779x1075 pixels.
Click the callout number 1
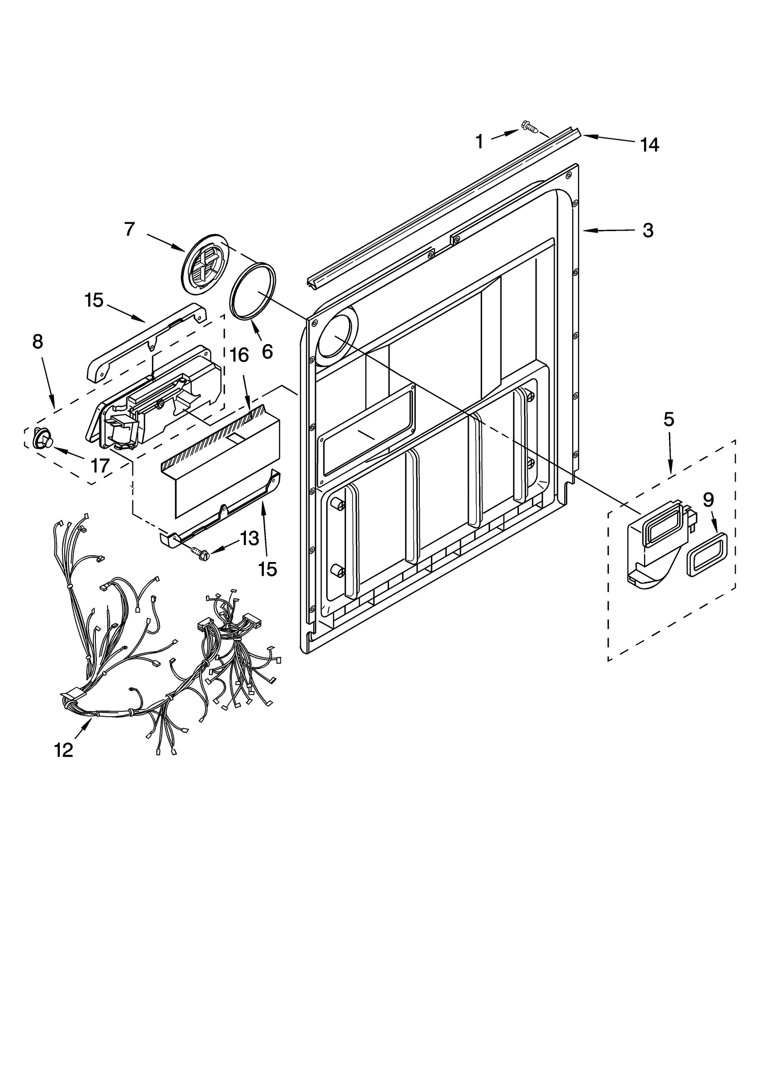pyautogui.click(x=479, y=142)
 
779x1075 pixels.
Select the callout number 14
pyautogui.click(x=649, y=145)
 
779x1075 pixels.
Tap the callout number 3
pyautogui.click(x=648, y=230)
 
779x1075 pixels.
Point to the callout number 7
pyautogui.click(x=129, y=229)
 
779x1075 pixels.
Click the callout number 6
pyautogui.click(x=267, y=351)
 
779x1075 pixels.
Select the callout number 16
pyautogui.click(x=239, y=355)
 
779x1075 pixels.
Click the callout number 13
pyautogui.click(x=249, y=538)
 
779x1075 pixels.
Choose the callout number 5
pyautogui.click(x=668, y=419)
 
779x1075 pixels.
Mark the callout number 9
pyautogui.click(x=708, y=500)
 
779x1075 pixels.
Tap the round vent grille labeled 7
pyautogui.click(x=204, y=264)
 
